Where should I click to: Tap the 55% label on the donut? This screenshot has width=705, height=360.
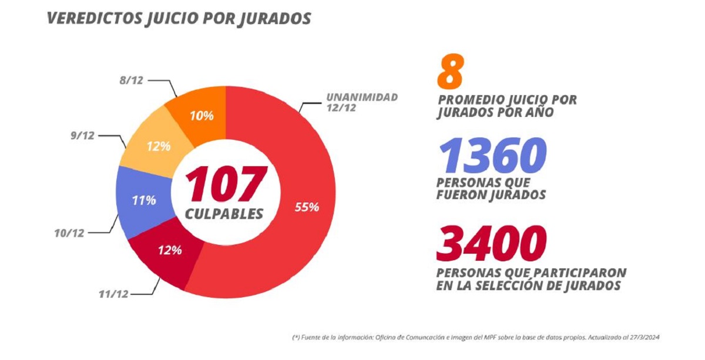point(306,207)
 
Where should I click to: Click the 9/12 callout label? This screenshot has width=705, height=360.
point(82,136)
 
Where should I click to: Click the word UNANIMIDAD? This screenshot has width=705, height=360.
point(363,97)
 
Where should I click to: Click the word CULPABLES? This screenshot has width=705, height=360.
point(224,214)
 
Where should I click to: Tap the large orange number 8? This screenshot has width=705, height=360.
point(451,72)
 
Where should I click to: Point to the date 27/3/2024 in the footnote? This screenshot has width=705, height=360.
point(650,338)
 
